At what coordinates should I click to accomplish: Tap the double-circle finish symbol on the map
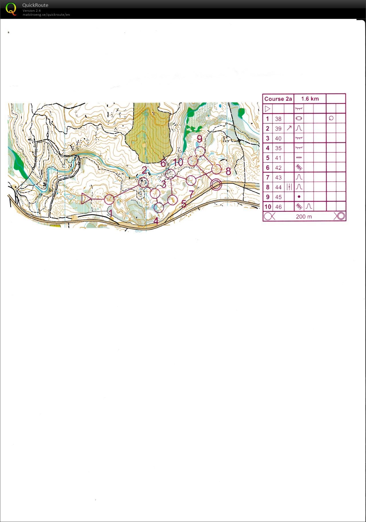tap(216, 185)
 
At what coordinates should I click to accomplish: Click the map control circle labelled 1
tap(109, 199)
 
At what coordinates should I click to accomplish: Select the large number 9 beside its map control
tap(199, 139)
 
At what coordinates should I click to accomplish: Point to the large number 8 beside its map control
tap(228, 171)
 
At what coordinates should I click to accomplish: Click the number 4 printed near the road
tap(156, 221)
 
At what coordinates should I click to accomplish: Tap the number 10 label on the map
tap(178, 162)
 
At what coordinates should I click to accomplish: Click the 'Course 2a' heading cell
tap(278, 99)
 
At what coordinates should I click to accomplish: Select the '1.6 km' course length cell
tap(310, 99)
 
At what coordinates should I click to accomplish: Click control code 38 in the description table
tap(278, 119)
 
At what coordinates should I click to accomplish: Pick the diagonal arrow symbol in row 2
tap(289, 128)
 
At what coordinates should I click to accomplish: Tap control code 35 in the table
tap(278, 148)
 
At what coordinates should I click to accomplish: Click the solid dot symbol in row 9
tap(299, 197)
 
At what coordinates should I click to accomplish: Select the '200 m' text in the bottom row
tap(304, 217)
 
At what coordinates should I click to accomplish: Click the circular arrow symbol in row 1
tap(331, 118)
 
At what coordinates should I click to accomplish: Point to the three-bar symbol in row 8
tap(289, 187)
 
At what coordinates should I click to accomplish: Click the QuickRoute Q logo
tap(11, 9)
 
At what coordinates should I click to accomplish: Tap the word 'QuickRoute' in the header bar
tap(35, 5)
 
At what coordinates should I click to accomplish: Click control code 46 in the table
tap(278, 207)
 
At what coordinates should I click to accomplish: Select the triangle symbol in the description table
tap(267, 109)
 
